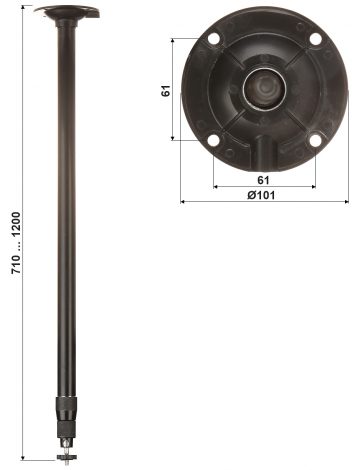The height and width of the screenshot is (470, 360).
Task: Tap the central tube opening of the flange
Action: click(263, 88)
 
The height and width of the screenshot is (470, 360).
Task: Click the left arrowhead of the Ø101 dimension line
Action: click(183, 201)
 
